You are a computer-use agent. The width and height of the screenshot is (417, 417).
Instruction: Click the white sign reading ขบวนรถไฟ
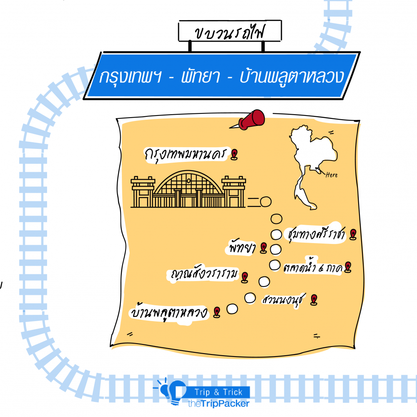tap(229, 32)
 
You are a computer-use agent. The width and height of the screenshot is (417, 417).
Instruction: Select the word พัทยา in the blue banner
tap(200, 77)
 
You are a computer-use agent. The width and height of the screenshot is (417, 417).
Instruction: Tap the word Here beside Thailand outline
tap(332, 175)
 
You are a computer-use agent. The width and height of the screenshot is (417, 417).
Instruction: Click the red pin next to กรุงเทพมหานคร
tap(235, 154)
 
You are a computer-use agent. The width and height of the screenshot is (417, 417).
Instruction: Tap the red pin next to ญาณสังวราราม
tap(245, 276)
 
